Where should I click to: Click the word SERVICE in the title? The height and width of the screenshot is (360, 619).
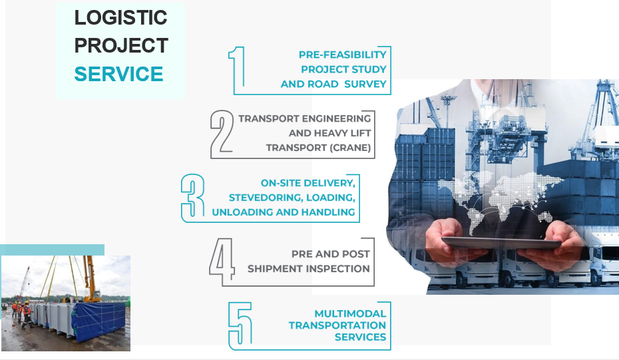(x=118, y=74)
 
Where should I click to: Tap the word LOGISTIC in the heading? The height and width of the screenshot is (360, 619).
(x=120, y=18)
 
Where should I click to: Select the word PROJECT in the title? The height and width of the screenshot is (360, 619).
(x=120, y=46)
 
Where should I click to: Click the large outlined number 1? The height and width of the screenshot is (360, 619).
(x=238, y=70)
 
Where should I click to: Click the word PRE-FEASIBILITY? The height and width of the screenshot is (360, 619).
(x=342, y=55)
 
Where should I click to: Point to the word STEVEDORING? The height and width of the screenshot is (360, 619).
(x=263, y=198)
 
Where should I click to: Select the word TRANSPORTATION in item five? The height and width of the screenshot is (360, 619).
(x=337, y=325)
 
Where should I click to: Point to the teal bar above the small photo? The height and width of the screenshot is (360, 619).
(x=52, y=250)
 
